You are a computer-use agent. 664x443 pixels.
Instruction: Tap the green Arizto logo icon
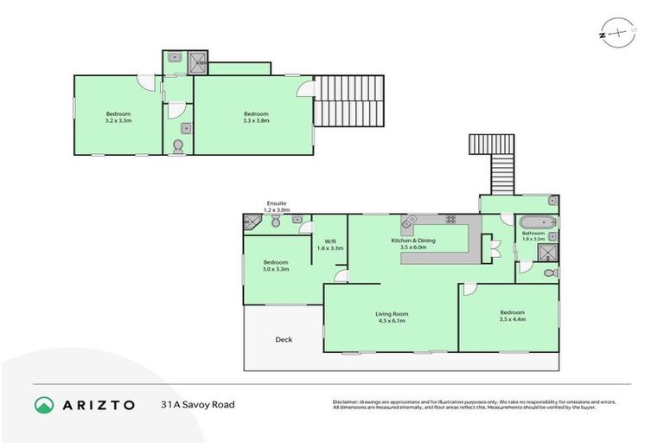click(x=43, y=405)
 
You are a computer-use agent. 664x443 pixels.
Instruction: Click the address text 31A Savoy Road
click(x=196, y=404)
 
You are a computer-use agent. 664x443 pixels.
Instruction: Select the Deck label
click(x=283, y=339)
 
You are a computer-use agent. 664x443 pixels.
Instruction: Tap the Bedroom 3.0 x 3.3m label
click(x=276, y=266)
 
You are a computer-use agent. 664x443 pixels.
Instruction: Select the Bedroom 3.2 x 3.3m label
click(x=118, y=118)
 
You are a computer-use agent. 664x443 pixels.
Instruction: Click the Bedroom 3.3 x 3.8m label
click(x=256, y=118)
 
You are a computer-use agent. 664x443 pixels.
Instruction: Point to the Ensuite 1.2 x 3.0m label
click(x=276, y=206)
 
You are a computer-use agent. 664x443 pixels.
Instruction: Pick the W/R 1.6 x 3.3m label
click(x=329, y=245)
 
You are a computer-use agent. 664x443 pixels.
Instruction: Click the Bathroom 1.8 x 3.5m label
click(x=533, y=235)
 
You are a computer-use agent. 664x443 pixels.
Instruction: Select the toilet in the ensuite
click(x=276, y=222)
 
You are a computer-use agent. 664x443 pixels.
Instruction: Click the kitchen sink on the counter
click(x=410, y=221)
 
